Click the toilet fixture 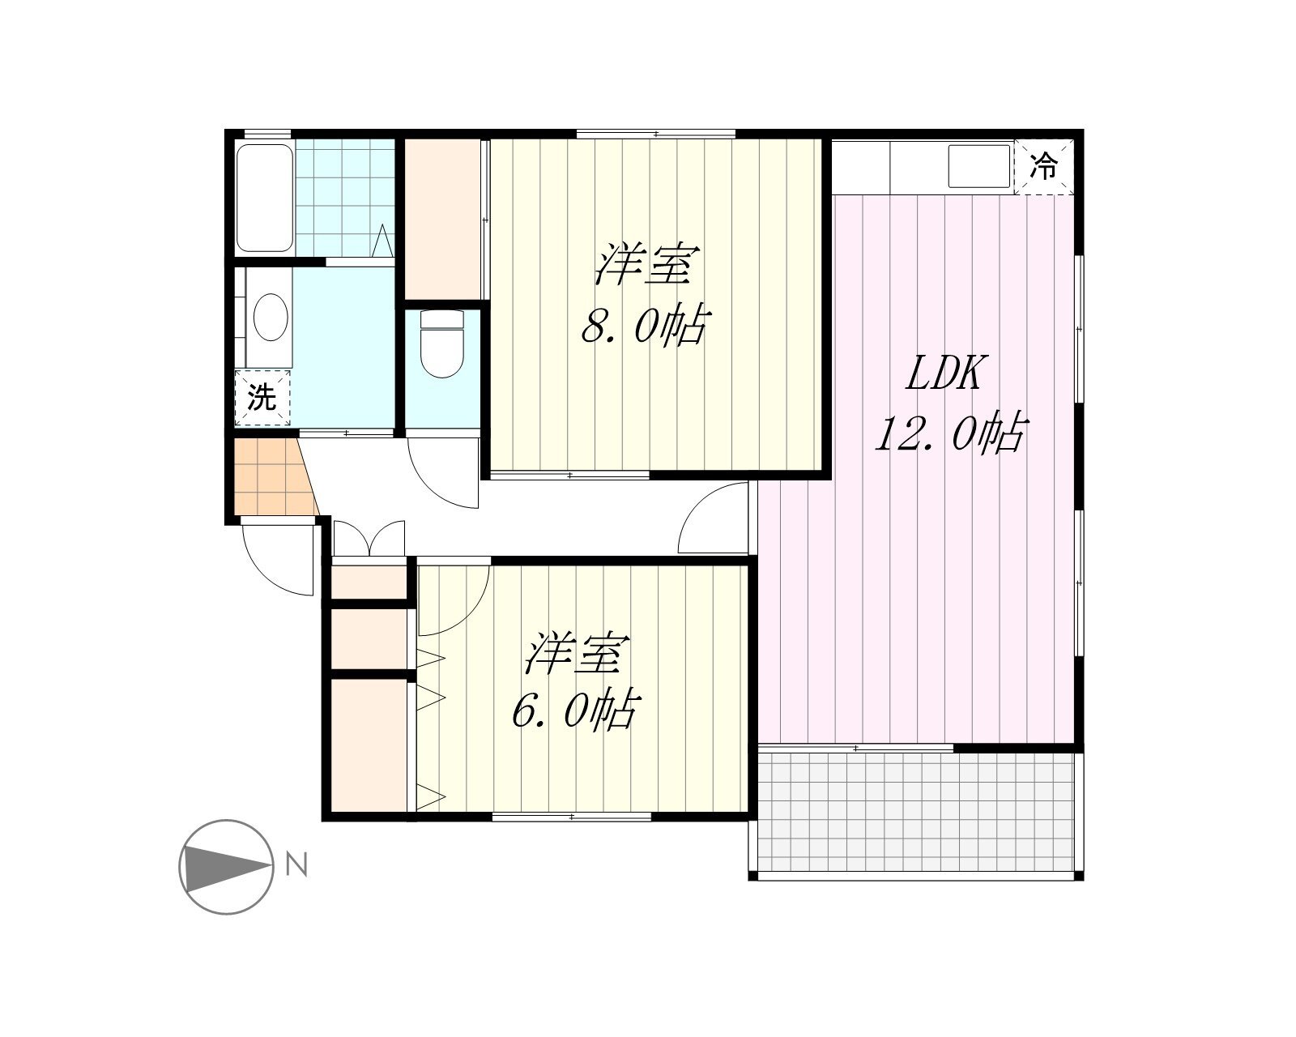tap(442, 344)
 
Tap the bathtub tap(264, 198)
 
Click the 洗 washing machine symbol tap(262, 398)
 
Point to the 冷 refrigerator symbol tap(1043, 166)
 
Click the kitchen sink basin tap(979, 166)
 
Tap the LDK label tap(944, 373)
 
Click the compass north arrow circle tap(227, 867)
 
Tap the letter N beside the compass tap(296, 864)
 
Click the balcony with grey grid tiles tap(915, 813)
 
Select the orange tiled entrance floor tap(275, 477)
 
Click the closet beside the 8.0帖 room tap(442, 219)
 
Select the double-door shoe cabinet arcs tap(369, 538)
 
